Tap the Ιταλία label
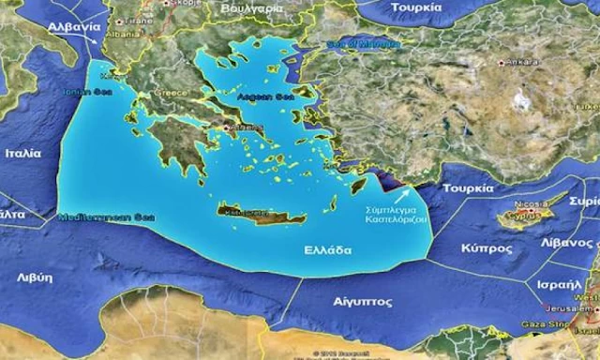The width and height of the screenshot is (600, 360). coord(22,152)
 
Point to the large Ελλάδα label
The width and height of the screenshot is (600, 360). coord(327,250)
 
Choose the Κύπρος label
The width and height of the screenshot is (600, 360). coord(486,249)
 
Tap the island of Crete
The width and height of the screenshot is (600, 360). coord(262,213)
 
